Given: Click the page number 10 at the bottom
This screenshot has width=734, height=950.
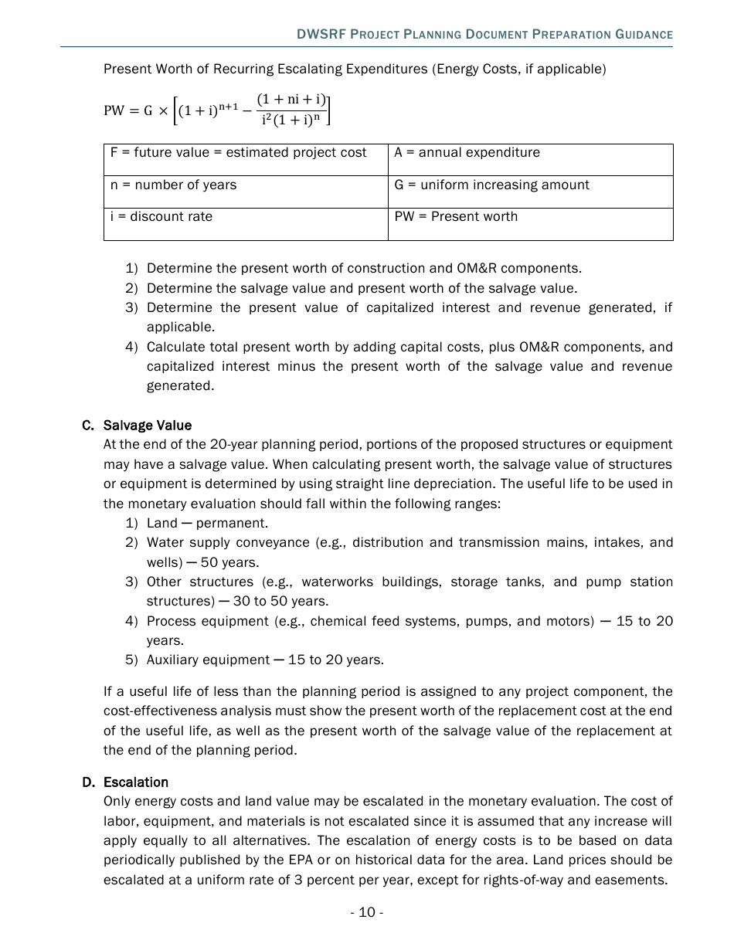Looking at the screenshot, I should (x=366, y=913).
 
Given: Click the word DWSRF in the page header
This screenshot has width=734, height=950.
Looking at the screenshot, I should (x=321, y=35).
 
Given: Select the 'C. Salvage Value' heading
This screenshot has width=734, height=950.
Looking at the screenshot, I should (x=137, y=426).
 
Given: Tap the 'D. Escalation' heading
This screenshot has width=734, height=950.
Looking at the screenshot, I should (x=125, y=782).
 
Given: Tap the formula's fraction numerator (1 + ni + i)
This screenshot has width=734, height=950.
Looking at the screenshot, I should (x=292, y=100).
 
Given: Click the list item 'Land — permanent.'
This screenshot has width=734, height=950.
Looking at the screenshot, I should (x=207, y=524).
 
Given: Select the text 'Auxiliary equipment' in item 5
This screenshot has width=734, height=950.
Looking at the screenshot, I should (x=207, y=660).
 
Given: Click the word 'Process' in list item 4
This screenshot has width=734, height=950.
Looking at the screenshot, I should (x=171, y=621).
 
